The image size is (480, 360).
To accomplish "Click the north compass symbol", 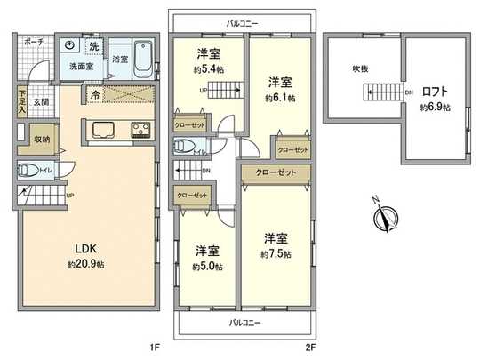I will (x=387, y=214).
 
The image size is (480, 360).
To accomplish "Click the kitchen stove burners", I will (x=143, y=131).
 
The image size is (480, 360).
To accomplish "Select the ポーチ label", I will (x=35, y=42).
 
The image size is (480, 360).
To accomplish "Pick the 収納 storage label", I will (x=43, y=140).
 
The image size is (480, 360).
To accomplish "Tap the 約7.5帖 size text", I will (x=276, y=254).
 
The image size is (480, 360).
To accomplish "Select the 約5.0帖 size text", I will (x=207, y=266).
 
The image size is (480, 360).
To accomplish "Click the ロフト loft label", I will (x=435, y=92).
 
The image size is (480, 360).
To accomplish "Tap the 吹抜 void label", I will (x=359, y=68).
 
